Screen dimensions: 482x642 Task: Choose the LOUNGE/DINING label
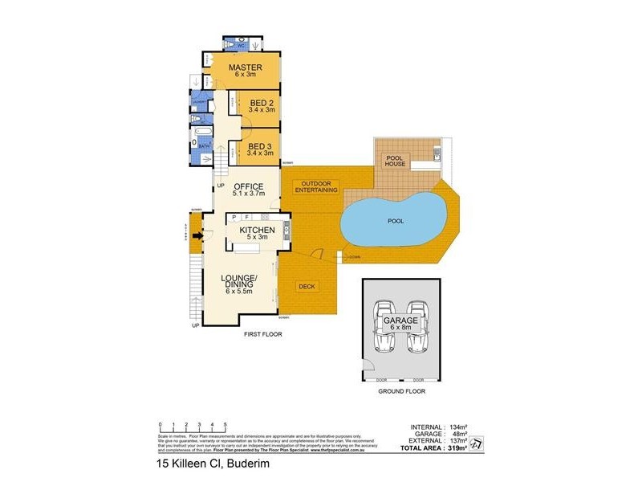pyautogui.click(x=238, y=284)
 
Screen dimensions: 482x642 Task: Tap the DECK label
pyautogui.click(x=306, y=285)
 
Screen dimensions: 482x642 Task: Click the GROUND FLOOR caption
pyautogui.click(x=401, y=391)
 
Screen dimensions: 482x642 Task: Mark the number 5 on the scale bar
pyautogui.click(x=225, y=423)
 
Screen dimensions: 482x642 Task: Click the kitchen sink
pyautogui.click(x=286, y=231)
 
